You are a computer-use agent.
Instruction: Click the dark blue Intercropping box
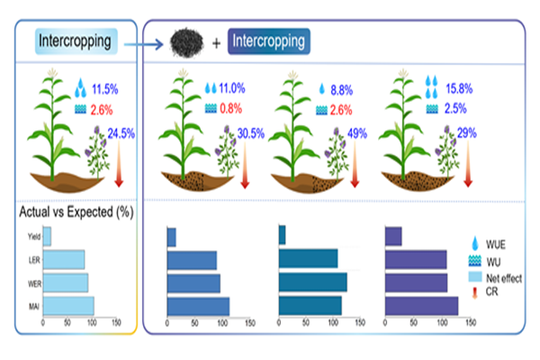click(269, 41)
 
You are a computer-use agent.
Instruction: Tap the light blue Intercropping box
click(79, 40)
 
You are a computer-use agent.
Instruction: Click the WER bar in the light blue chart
click(66, 283)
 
